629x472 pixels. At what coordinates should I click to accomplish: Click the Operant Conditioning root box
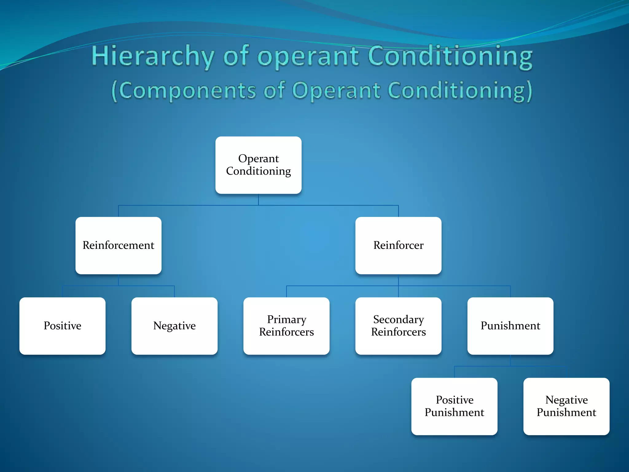pos(258,165)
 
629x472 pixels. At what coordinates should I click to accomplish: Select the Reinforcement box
pos(118,246)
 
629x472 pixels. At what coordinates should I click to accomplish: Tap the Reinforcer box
pos(398,246)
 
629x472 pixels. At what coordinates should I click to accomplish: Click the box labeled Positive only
pos(62,326)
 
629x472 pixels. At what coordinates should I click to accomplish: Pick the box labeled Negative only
pos(174,326)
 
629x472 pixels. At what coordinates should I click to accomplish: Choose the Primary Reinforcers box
pos(286,326)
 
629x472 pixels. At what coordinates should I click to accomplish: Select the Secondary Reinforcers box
pos(398,326)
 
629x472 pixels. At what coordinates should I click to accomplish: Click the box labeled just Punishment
pos(510,326)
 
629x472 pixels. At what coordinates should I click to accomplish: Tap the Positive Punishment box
pos(454,406)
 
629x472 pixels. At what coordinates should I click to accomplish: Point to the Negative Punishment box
pos(566,406)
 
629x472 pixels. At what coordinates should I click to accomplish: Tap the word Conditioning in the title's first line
pos(450,56)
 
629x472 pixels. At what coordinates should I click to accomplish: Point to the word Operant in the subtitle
pos(336,91)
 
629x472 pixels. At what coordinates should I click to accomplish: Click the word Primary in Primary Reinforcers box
pos(287,320)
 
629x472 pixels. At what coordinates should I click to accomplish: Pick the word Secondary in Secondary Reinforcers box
pos(398,320)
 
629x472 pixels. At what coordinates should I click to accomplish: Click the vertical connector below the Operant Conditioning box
pos(258,199)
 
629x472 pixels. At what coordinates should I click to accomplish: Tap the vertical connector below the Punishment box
pos(510,360)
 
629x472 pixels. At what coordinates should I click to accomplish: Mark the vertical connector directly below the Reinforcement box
pos(119,280)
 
